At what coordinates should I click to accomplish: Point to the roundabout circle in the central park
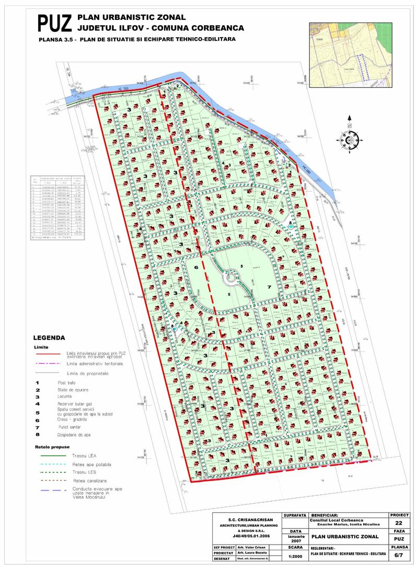tap(230, 277)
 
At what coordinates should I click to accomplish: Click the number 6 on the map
tap(197, 267)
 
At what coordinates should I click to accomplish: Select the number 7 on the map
tap(270, 287)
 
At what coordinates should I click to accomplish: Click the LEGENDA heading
tap(49, 338)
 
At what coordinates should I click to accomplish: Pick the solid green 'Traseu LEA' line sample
tap(50, 456)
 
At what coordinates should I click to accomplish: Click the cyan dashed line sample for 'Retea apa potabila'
tap(50, 465)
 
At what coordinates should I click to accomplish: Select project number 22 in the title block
tap(399, 523)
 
